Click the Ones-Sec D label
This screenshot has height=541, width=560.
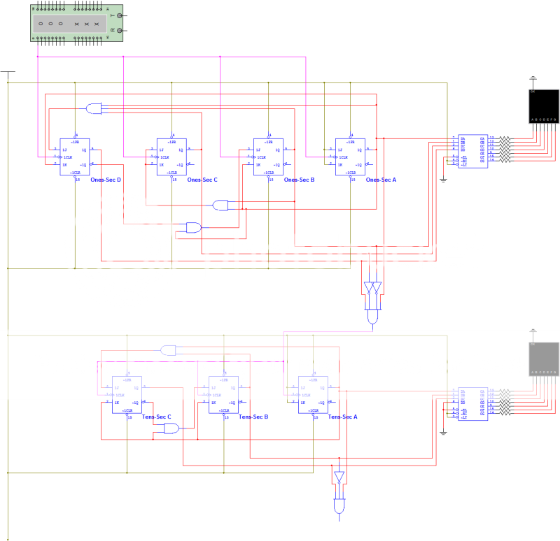tap(106, 180)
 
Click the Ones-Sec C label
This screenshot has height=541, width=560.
tap(202, 180)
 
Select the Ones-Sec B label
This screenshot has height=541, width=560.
tap(299, 180)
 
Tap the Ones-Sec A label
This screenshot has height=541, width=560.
tap(381, 180)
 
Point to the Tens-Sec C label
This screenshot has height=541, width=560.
tap(157, 417)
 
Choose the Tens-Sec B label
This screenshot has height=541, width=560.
tap(254, 417)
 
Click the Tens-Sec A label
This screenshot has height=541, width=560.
tap(343, 417)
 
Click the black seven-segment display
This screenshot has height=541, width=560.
tap(543, 106)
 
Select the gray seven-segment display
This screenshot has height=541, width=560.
tap(543, 358)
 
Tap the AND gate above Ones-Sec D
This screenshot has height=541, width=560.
tap(93, 108)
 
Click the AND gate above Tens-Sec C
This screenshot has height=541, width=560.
tap(169, 349)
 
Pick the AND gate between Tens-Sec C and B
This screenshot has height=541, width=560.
tap(171, 428)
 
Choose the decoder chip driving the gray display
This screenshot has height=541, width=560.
tap(470, 403)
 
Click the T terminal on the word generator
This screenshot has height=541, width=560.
tap(120, 15)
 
